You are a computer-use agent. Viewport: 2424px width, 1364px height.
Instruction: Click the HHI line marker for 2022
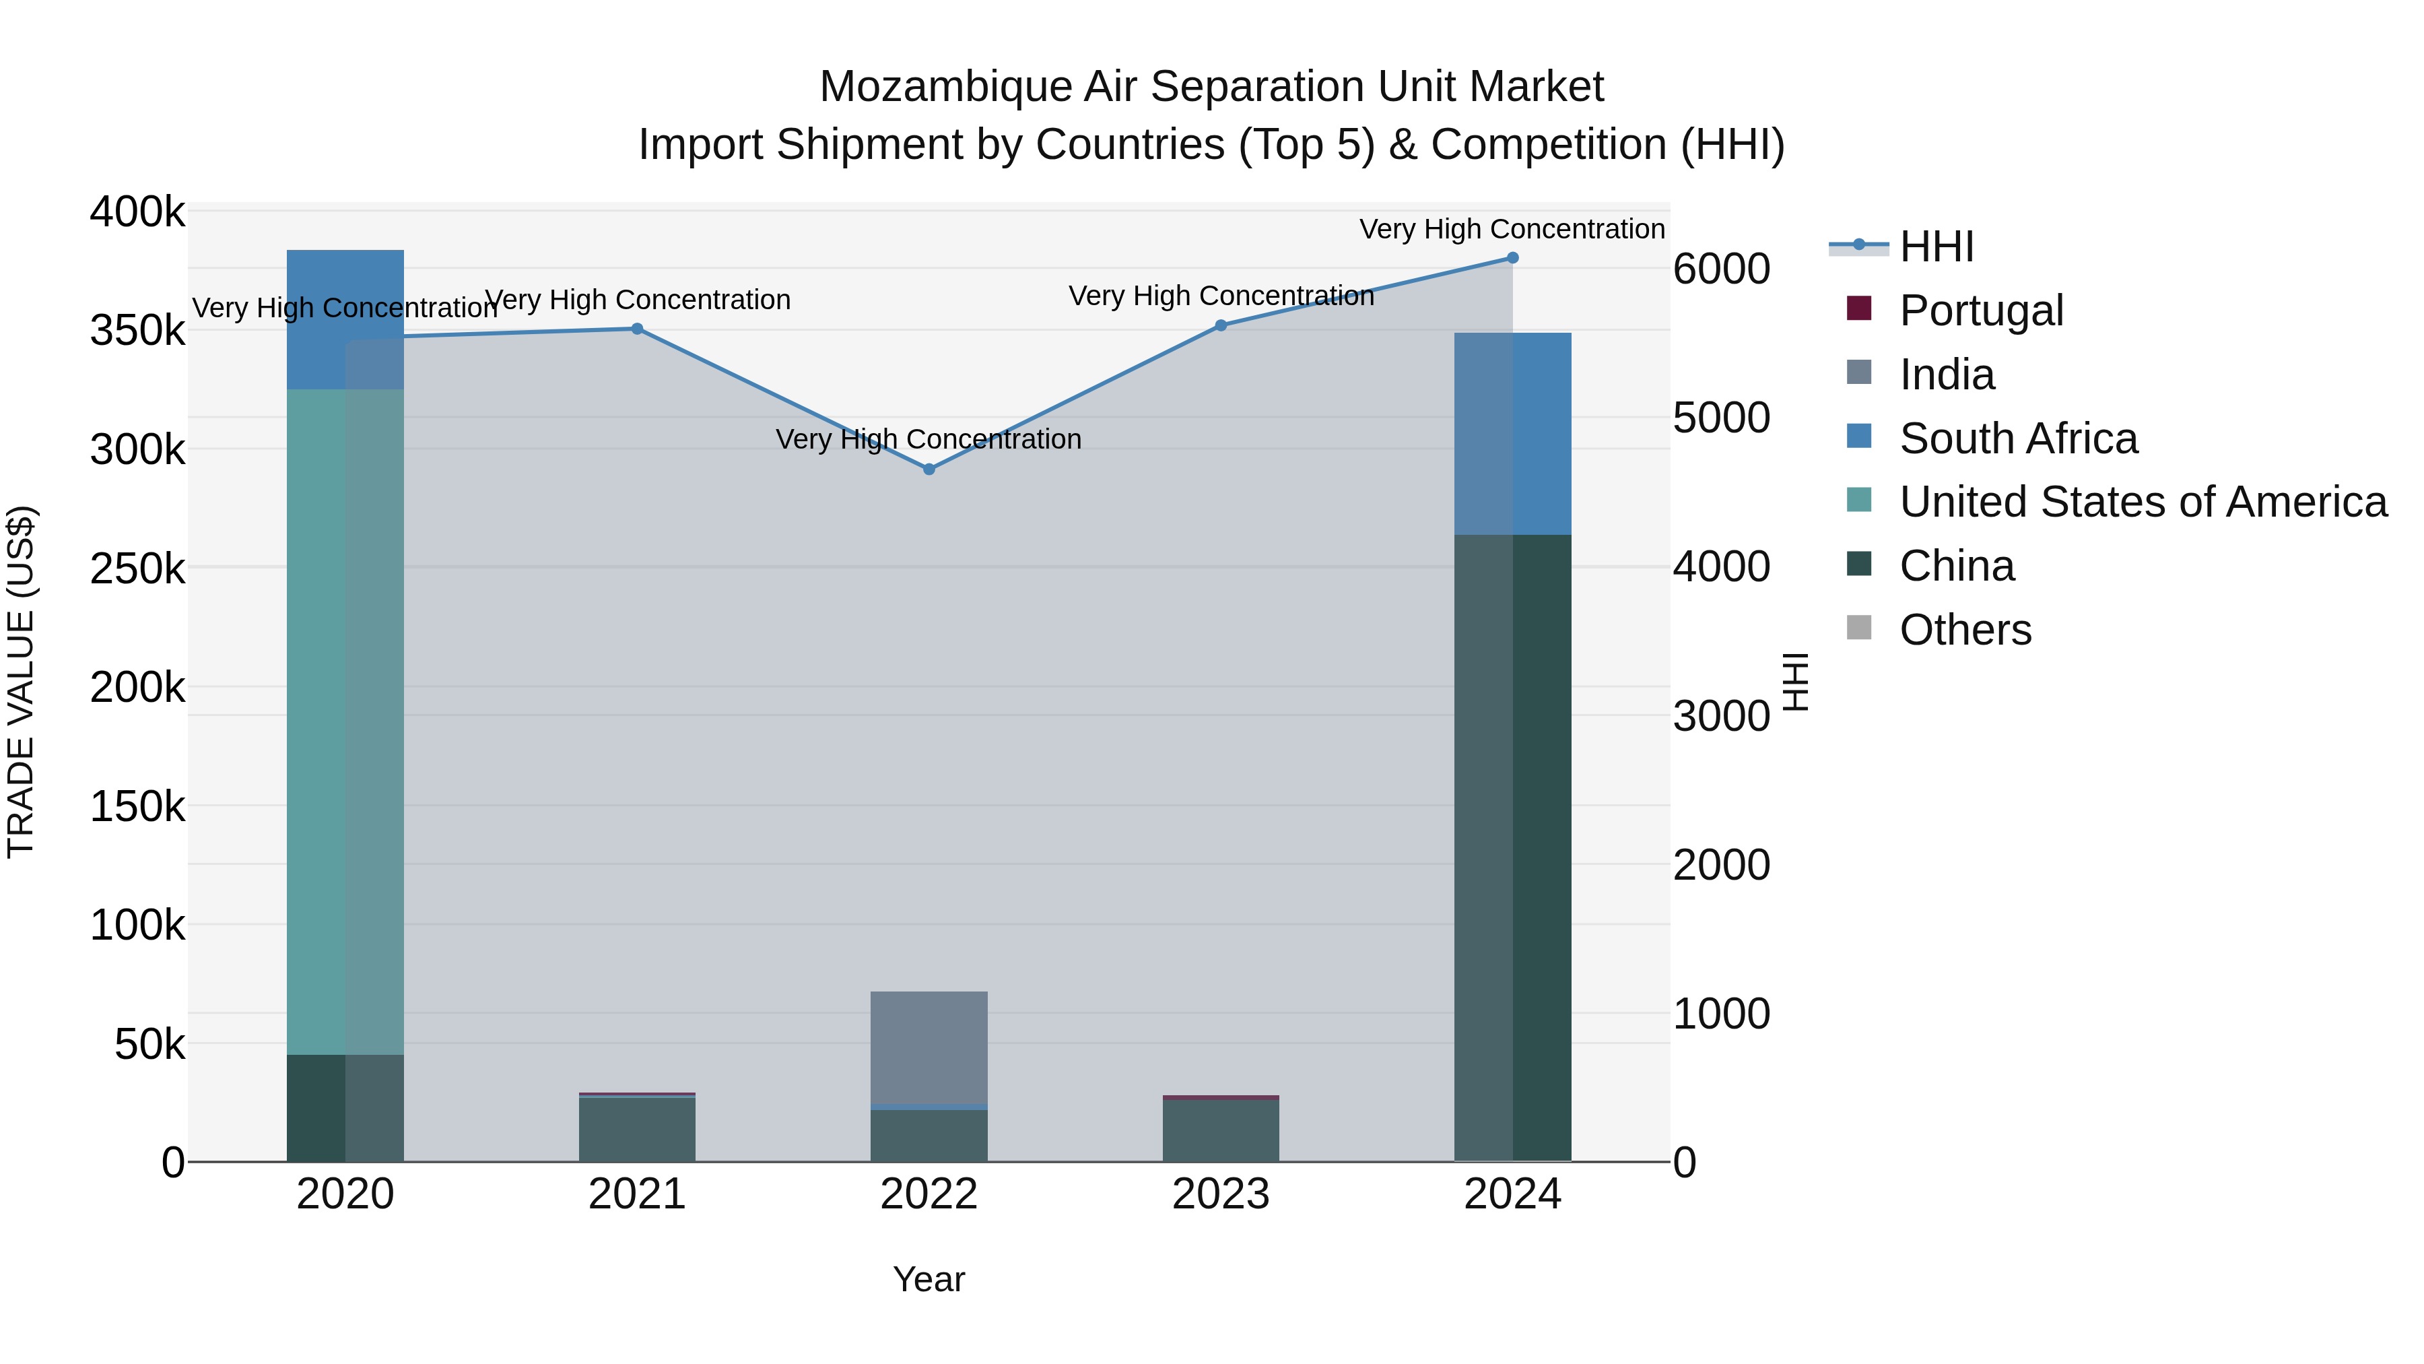[929, 469]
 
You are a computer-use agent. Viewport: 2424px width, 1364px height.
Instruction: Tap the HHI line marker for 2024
[1512, 258]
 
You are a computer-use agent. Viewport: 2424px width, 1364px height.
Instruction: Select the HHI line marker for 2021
[637, 329]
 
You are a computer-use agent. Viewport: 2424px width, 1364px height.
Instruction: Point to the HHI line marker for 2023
[1221, 326]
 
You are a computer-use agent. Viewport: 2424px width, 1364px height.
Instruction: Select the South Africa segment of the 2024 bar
[1512, 434]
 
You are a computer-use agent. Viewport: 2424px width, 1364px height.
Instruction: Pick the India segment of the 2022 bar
[929, 1047]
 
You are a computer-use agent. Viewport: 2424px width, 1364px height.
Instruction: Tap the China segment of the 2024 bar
[1512, 847]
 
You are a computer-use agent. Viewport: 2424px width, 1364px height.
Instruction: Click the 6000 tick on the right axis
[1721, 269]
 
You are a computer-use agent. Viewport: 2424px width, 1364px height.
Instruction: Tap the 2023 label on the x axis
[1221, 1194]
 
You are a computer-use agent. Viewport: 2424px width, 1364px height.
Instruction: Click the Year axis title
[929, 1279]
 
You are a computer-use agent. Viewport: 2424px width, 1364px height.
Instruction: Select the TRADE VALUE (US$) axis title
[21, 682]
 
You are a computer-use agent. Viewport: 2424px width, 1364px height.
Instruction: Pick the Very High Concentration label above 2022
[929, 440]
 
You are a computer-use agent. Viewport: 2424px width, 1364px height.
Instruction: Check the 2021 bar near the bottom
[637, 1129]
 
